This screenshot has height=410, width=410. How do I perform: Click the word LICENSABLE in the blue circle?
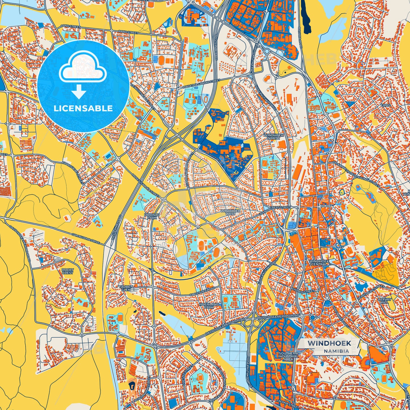coord(83,108)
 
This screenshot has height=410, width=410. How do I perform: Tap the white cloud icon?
coord(83,68)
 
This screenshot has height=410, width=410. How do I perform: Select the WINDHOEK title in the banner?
coord(329,343)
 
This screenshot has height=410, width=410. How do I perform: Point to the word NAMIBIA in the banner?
coord(337,351)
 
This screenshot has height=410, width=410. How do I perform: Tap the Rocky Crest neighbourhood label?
coord(68,271)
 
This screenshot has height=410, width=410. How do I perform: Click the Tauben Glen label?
coord(126,288)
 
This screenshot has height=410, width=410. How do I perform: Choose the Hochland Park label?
coord(209,306)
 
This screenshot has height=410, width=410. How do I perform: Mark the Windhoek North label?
coord(274,137)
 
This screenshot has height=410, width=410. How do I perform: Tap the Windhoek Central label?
coord(319,262)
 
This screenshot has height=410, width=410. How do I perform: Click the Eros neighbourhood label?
coord(386,105)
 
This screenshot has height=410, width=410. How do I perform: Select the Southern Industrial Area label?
coord(288,356)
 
